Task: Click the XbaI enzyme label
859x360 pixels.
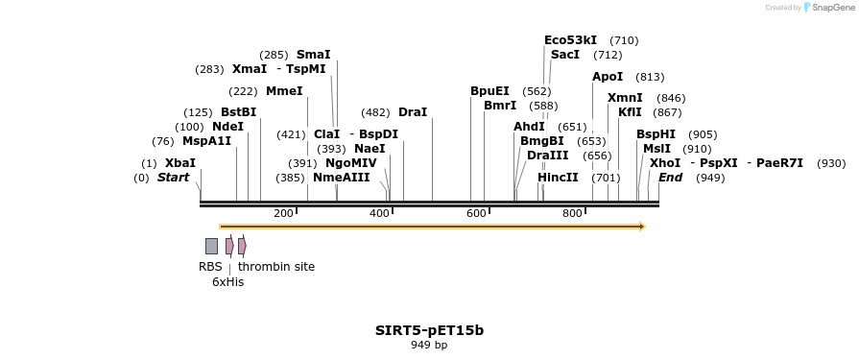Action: (x=179, y=163)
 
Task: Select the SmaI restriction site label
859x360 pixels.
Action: (x=313, y=55)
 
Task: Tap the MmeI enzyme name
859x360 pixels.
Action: (x=284, y=91)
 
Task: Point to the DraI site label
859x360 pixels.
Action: (x=413, y=112)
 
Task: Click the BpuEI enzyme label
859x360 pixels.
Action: (x=489, y=91)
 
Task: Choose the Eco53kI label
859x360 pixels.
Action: (x=570, y=40)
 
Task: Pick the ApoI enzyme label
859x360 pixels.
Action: (x=608, y=77)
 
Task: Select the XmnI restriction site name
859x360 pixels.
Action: (x=625, y=98)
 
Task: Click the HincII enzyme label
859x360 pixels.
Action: (x=558, y=178)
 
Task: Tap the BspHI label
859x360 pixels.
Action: (x=656, y=134)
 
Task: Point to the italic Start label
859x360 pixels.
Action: (x=174, y=178)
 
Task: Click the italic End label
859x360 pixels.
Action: (x=670, y=178)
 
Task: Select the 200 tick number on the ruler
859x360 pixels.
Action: (x=283, y=213)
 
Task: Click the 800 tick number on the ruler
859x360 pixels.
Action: (x=572, y=213)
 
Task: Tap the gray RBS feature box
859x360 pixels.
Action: (x=211, y=246)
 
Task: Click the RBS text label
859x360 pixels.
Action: (x=210, y=267)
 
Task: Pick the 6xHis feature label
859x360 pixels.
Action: (x=228, y=282)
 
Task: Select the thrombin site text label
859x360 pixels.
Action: (x=276, y=267)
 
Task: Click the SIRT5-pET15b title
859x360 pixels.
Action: (x=429, y=330)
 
